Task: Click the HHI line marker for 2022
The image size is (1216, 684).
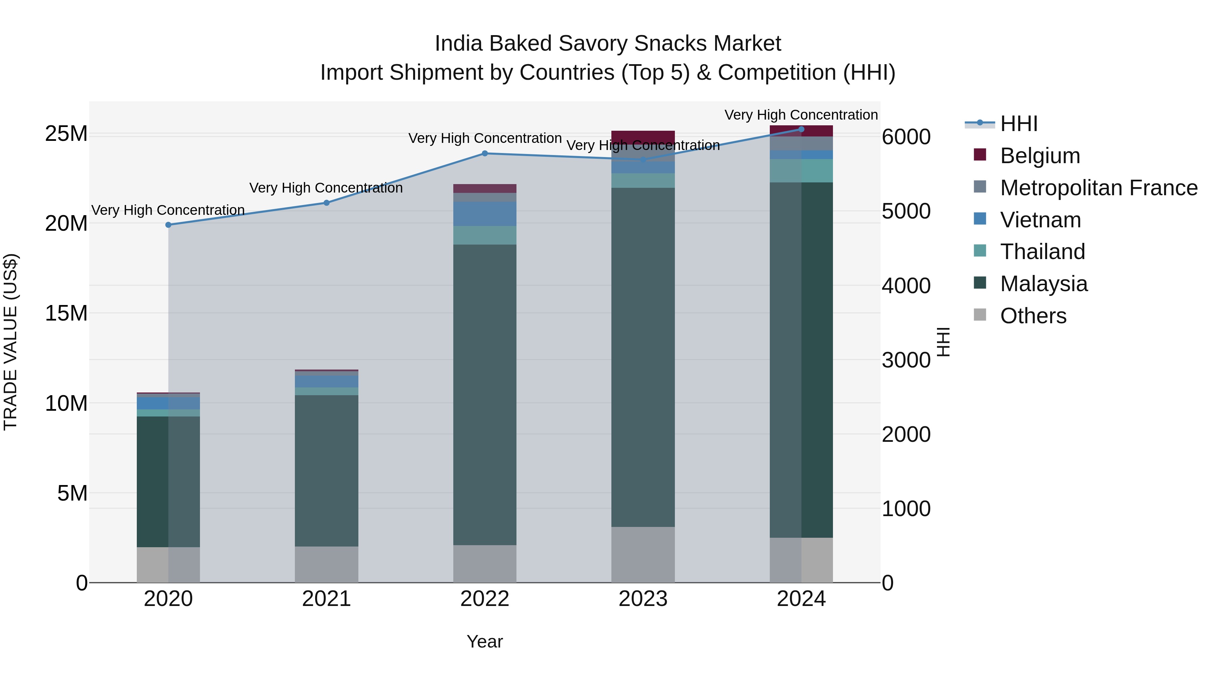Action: coord(484,153)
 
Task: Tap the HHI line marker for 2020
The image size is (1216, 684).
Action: coord(169,225)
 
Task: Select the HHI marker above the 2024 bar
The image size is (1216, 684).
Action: coord(801,129)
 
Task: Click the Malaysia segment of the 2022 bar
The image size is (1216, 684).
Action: coord(484,394)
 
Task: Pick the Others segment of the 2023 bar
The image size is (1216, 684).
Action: coord(642,554)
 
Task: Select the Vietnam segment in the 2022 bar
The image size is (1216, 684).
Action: coord(484,214)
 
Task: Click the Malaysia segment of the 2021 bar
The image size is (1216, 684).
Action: coord(326,470)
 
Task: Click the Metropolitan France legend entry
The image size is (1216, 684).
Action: coord(1098,188)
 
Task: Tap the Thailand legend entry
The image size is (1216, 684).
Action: coord(1042,252)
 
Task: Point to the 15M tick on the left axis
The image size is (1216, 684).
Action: coord(66,313)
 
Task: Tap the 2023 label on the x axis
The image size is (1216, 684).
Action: coord(642,599)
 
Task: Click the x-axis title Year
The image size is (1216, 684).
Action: coord(484,641)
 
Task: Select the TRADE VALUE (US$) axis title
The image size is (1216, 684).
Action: coord(10,342)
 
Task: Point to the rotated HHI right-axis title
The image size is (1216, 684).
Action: coord(943,342)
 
